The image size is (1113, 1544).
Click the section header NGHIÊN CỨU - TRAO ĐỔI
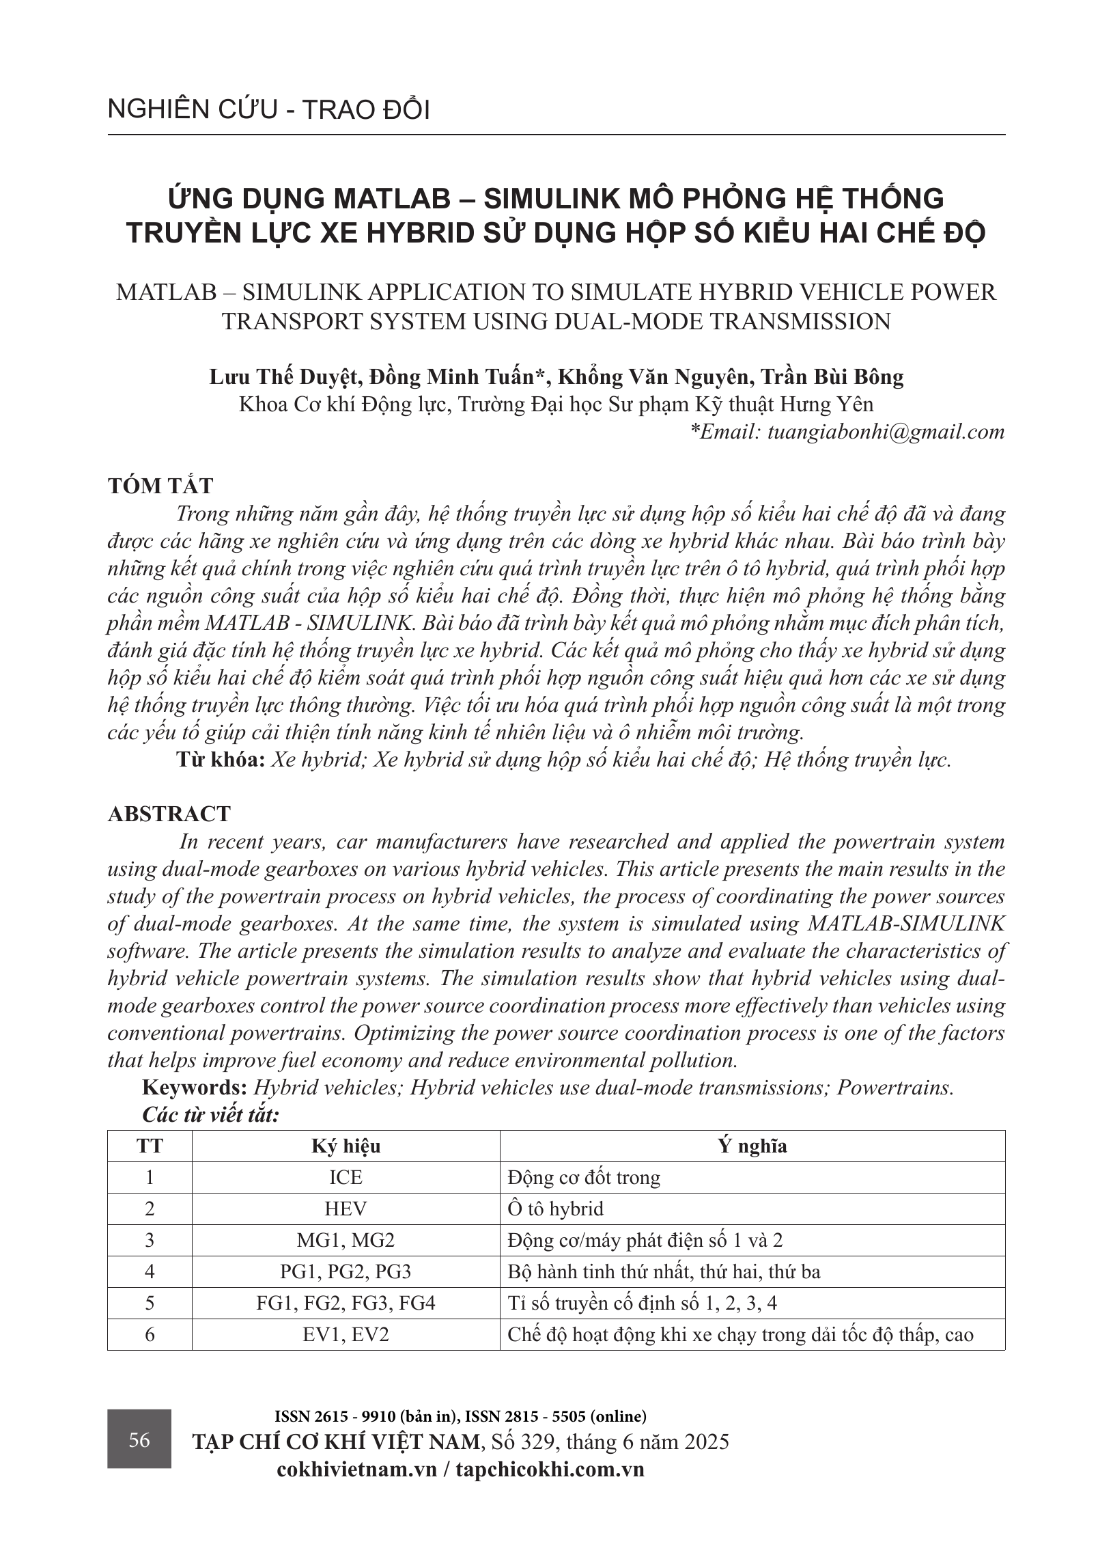tap(268, 111)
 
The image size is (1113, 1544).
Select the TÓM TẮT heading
tap(160, 486)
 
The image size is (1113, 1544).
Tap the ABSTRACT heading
tap(169, 814)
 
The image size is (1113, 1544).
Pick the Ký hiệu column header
tap(346, 1146)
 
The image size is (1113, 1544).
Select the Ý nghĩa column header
tap(752, 1146)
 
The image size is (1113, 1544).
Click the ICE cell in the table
tap(346, 1177)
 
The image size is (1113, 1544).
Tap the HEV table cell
tap(346, 1209)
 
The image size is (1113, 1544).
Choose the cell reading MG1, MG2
tap(346, 1240)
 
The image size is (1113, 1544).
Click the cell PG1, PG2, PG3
tap(346, 1271)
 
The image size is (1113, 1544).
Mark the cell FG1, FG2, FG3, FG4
tap(346, 1303)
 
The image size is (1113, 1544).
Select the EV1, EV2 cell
tap(346, 1334)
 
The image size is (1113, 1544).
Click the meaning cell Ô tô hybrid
tap(556, 1209)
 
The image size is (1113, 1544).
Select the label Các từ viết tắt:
tap(210, 1115)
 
